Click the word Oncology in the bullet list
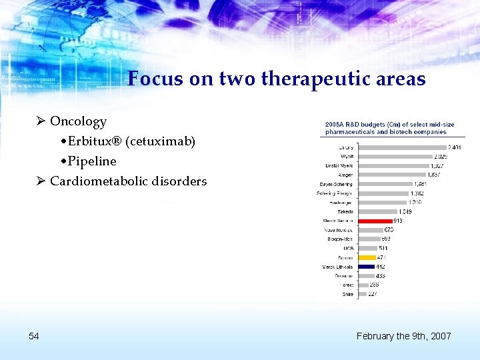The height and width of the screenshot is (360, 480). pyautogui.click(x=78, y=121)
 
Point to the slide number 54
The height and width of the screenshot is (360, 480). pyautogui.click(x=34, y=336)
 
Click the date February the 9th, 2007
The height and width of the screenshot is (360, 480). pyautogui.click(x=403, y=336)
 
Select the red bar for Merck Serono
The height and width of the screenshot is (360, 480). pyautogui.click(x=375, y=221)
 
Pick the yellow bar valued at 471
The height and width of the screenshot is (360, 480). pyautogui.click(x=367, y=257)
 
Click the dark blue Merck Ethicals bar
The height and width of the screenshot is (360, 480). pyautogui.click(x=366, y=267)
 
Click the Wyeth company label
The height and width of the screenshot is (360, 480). pyautogui.click(x=347, y=157)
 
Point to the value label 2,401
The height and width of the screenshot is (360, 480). pyautogui.click(x=453, y=147)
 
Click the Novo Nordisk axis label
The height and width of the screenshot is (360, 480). pyautogui.click(x=340, y=230)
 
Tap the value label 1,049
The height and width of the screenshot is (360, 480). pyautogui.click(x=405, y=212)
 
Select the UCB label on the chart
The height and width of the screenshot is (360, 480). pyautogui.click(x=348, y=248)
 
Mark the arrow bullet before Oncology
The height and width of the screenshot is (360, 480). pyautogui.click(x=41, y=121)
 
